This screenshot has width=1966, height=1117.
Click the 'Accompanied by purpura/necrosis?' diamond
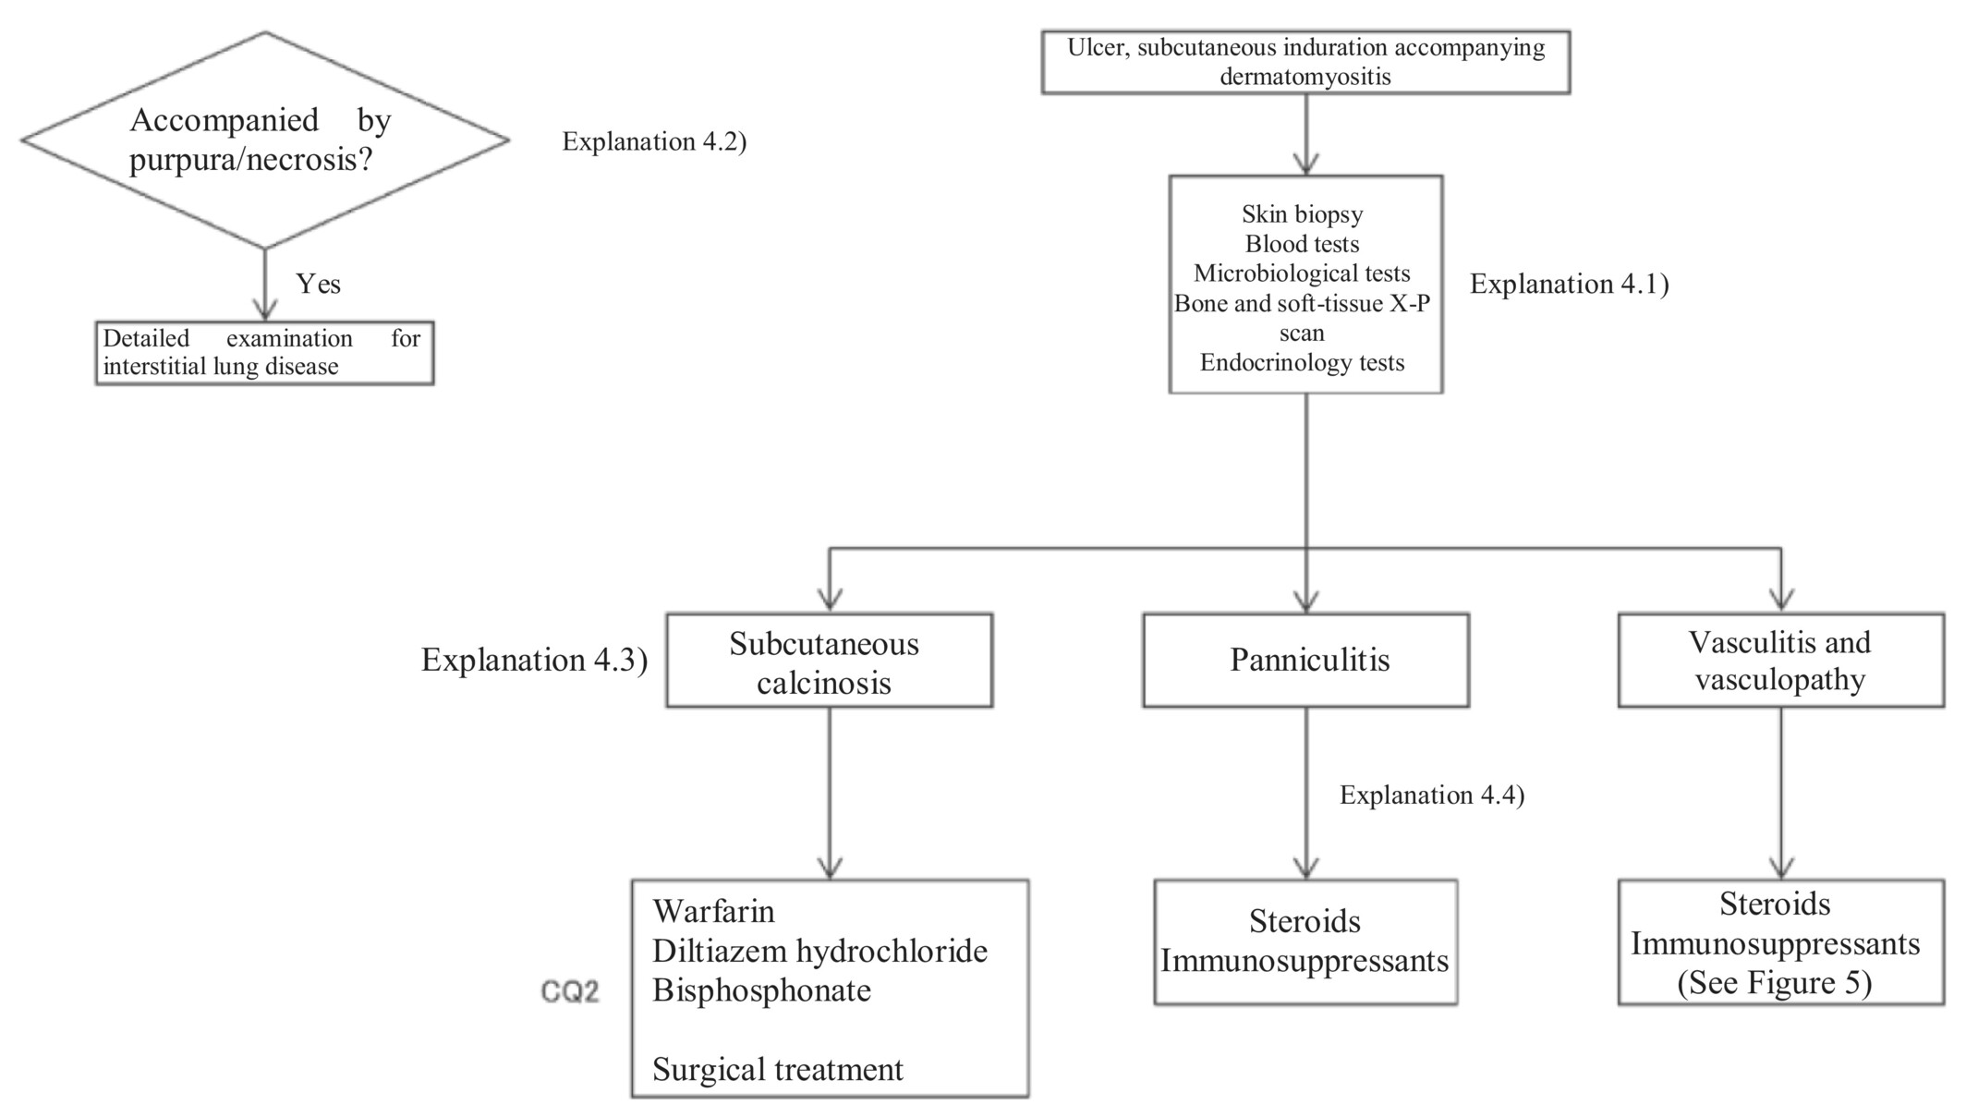tap(265, 140)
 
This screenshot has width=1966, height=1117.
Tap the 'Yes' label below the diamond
tap(319, 284)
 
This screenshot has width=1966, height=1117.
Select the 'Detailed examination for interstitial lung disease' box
tap(265, 353)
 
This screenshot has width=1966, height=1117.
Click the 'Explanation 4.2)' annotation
tap(654, 141)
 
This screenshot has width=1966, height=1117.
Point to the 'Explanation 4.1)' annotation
tap(1570, 284)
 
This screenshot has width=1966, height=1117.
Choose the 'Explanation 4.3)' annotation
tap(535, 660)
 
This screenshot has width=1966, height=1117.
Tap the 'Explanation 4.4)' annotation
tap(1432, 795)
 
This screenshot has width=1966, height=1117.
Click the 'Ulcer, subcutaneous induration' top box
tap(1305, 62)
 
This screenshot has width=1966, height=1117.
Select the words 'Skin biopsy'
tap(1303, 214)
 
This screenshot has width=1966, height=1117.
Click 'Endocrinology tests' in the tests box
tap(1303, 362)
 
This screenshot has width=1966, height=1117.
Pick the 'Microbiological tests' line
tap(1303, 273)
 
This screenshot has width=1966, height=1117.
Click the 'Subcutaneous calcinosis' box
tap(830, 661)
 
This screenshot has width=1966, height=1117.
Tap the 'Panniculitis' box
tap(1305, 661)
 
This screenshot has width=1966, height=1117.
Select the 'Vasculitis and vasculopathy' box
tap(1781, 661)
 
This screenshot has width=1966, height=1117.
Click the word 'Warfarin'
tap(714, 912)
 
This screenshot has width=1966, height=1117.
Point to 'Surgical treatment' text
tap(778, 1070)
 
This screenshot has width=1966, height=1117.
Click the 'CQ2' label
tap(570, 992)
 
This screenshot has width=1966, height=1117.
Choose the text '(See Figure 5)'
tap(1775, 983)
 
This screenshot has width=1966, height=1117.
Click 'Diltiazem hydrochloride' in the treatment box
tap(820, 952)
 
